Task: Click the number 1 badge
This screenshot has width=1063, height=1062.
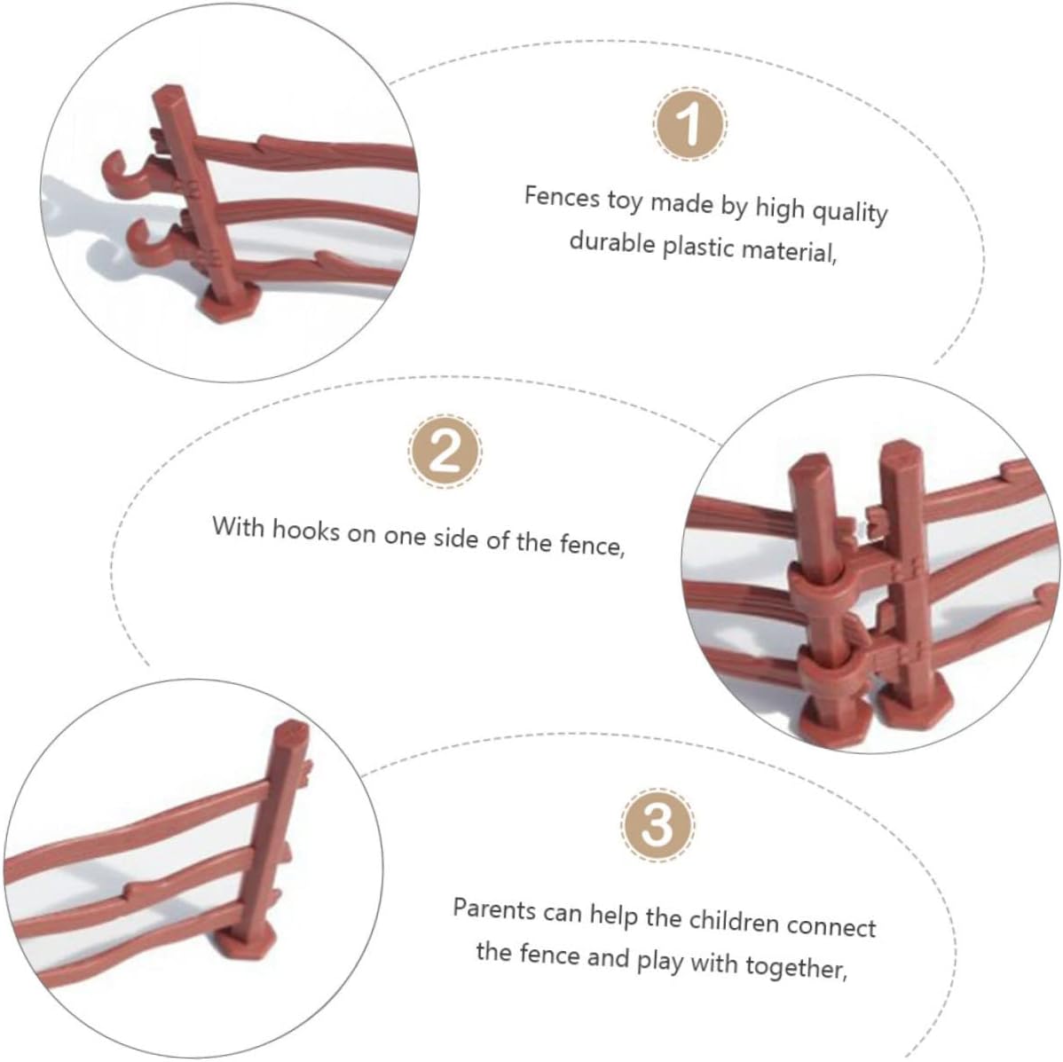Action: coord(690,125)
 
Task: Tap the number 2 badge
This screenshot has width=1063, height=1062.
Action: coord(445,452)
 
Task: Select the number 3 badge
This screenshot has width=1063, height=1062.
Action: coord(657,825)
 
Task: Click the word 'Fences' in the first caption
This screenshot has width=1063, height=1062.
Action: coord(562,197)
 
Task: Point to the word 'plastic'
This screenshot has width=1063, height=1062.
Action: coord(698,248)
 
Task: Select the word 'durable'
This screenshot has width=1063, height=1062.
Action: coord(612,241)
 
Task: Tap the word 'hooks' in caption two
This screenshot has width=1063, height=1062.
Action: coord(305,530)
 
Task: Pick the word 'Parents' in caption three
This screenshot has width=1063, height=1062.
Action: coord(494,909)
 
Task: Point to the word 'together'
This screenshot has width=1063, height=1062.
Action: coord(797,966)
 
